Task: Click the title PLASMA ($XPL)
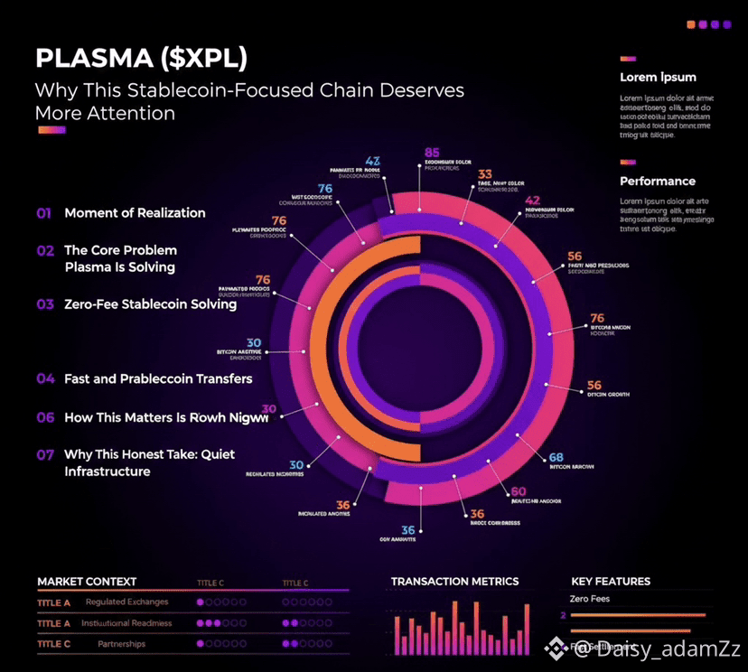tap(141, 59)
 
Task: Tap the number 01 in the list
tap(44, 213)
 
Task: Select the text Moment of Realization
tap(135, 213)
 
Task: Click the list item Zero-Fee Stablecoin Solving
tap(150, 304)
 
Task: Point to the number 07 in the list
tap(45, 455)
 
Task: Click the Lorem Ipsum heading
tap(658, 78)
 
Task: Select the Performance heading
tap(657, 182)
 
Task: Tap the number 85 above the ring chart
tap(432, 153)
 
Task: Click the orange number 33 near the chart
tap(485, 174)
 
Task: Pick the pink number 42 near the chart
tap(533, 201)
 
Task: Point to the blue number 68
tap(556, 457)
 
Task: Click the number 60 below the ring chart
tap(519, 492)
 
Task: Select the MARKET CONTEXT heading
tap(87, 582)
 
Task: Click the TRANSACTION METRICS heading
tap(454, 582)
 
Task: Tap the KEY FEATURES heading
tap(611, 582)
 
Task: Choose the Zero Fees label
tap(589, 599)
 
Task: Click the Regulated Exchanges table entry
tap(126, 602)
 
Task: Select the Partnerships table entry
tap(121, 644)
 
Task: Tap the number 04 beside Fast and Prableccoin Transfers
tap(45, 379)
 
